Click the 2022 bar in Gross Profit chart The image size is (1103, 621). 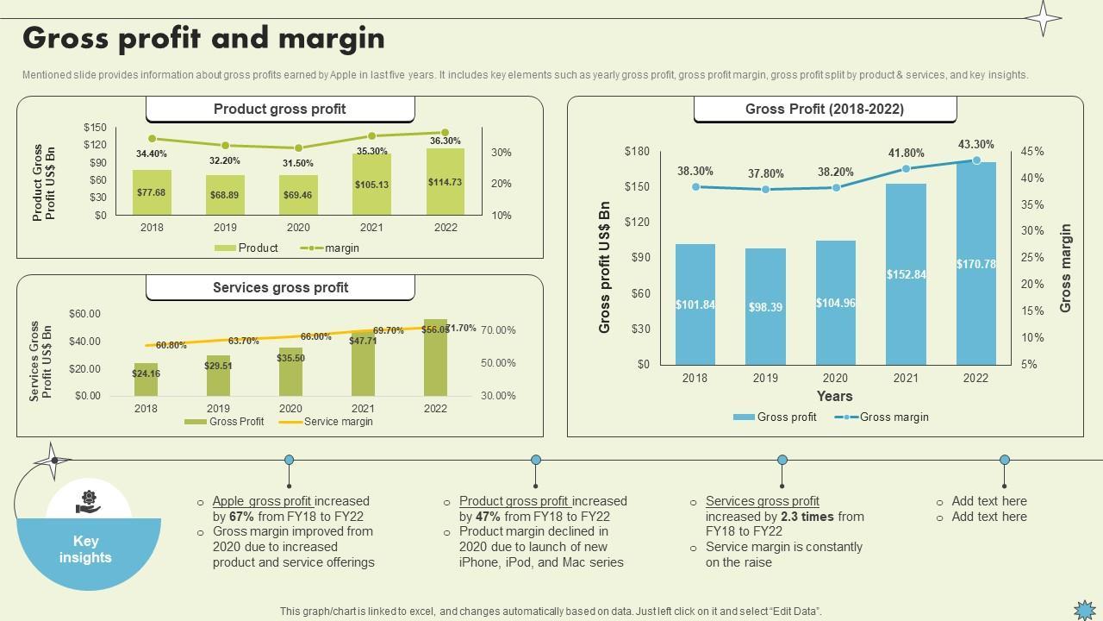click(975, 263)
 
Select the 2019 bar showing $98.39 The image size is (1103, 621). click(765, 306)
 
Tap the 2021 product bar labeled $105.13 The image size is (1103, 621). click(371, 185)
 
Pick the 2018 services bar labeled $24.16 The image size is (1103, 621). click(146, 379)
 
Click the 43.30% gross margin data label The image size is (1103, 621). click(975, 145)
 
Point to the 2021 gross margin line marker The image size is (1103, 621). click(906, 169)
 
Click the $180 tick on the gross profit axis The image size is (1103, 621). click(637, 151)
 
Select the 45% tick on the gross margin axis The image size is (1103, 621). click(1032, 151)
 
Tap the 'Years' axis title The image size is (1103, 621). click(834, 397)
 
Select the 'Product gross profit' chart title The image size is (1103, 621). click(280, 110)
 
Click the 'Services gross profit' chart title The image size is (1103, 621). click(280, 288)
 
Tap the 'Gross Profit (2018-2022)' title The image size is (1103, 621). click(825, 110)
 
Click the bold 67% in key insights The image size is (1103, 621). click(240, 517)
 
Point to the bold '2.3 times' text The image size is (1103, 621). click(807, 517)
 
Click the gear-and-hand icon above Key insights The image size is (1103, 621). click(89, 501)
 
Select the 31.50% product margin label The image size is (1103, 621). click(298, 163)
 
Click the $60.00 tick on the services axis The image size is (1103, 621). click(84, 314)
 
